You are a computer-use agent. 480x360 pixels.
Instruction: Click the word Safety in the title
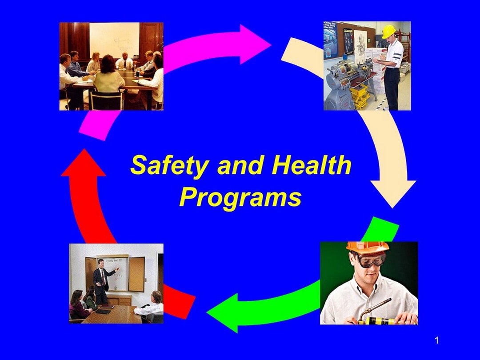(169, 165)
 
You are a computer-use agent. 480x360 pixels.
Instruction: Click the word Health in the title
(312, 165)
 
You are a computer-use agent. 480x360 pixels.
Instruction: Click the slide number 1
(436, 341)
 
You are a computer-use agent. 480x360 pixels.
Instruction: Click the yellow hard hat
(388, 32)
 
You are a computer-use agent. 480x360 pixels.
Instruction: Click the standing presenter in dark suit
(102, 280)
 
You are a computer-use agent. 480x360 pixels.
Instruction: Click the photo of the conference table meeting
(111, 66)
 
